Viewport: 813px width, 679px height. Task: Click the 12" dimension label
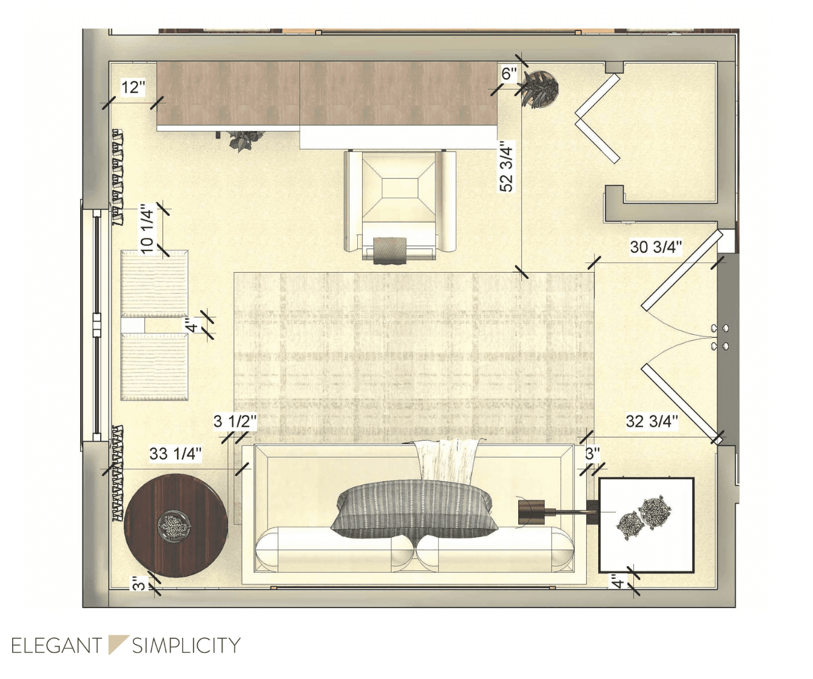133,87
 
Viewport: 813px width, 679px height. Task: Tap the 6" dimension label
509,73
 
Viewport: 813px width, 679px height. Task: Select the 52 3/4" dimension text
507,167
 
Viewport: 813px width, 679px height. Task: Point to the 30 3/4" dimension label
656,247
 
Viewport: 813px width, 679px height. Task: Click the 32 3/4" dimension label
652,421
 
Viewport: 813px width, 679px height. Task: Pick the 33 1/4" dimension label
175,453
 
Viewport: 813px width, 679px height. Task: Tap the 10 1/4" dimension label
147,229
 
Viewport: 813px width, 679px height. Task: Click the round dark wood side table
175,525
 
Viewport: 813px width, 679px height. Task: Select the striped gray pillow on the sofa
414,510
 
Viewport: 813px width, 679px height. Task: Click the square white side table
646,525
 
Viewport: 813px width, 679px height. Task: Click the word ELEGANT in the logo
56,646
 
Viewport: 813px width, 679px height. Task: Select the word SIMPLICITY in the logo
186,646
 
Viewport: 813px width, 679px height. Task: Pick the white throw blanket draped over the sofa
447,461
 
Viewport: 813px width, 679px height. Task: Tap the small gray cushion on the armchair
390,251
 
